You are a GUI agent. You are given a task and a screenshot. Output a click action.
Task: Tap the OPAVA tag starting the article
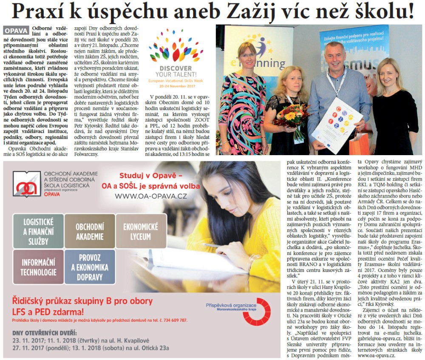[16, 31]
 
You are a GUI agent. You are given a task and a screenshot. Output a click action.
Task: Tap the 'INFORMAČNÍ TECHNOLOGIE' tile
[38, 267]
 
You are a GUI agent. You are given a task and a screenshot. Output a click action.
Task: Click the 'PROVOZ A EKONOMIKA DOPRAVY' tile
[90, 267]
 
